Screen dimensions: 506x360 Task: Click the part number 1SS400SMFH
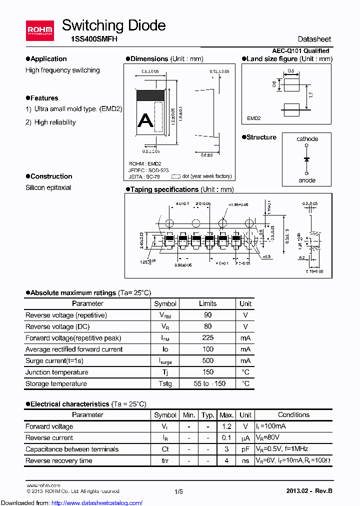(x=90, y=39)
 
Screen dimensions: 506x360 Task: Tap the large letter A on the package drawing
(x=145, y=120)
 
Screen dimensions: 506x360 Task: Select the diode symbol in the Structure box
(x=307, y=159)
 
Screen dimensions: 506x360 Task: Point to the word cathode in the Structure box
(x=307, y=139)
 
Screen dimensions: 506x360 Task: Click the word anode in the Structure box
(x=307, y=180)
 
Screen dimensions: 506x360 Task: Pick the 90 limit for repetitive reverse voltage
(x=207, y=315)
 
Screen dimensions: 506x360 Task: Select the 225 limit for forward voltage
(x=207, y=338)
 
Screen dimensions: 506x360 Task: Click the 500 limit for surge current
(x=207, y=360)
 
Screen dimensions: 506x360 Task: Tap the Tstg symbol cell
(x=165, y=384)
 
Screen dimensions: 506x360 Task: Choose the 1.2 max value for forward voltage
(x=226, y=426)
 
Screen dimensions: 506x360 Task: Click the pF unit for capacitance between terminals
(x=245, y=449)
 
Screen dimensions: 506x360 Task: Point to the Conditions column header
(x=293, y=415)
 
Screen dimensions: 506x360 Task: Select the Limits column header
(x=207, y=303)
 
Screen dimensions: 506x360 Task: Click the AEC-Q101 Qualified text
(x=300, y=51)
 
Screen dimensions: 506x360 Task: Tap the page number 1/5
(x=179, y=492)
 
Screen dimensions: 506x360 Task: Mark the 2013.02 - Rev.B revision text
(x=308, y=491)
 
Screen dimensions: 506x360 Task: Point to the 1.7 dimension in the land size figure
(x=311, y=94)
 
